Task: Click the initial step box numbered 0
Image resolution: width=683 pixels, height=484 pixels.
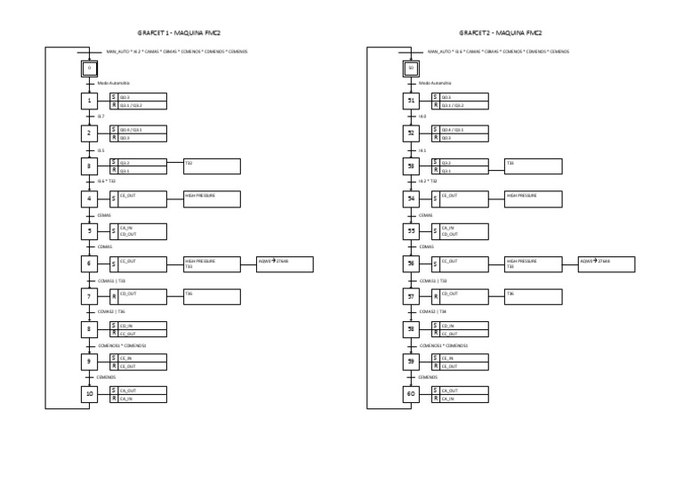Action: coord(89,68)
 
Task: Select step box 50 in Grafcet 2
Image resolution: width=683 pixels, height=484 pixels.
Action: coord(411,68)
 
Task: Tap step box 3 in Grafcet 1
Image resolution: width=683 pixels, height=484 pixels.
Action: coord(89,166)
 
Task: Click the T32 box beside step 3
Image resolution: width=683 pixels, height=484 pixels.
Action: coord(212,166)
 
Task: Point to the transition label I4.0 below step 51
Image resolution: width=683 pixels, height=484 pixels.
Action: coord(422,117)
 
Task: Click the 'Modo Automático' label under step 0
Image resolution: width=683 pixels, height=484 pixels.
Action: coord(113,84)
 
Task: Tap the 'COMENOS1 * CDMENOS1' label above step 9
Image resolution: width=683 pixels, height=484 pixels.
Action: coord(122,345)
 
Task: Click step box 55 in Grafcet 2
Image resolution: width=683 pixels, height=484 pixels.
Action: coord(411,231)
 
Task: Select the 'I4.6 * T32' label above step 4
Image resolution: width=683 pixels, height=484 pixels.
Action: coord(106,181)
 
